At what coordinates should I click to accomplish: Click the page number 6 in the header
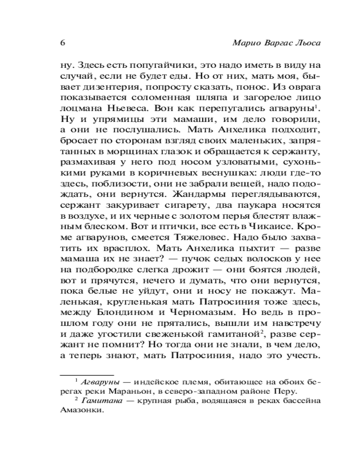pyautogui.click(x=63, y=43)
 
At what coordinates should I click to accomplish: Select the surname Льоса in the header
pyautogui.click(x=309, y=43)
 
